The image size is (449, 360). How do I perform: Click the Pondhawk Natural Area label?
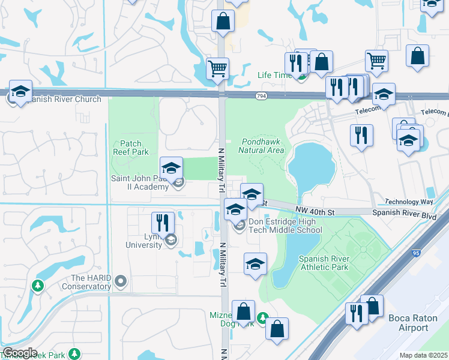click(x=261, y=146)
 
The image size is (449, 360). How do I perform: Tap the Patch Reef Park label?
click(x=130, y=148)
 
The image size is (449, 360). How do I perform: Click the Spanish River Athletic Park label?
click(x=324, y=263)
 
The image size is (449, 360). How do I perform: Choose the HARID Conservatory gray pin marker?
click(x=121, y=280)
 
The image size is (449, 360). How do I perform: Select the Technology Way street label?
click(x=408, y=202)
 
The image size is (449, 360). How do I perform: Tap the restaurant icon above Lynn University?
click(x=163, y=223)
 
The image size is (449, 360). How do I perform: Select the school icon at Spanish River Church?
click(x=20, y=92)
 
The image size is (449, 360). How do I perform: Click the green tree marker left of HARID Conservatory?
click(x=38, y=286)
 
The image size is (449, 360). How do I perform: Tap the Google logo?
click(x=20, y=353)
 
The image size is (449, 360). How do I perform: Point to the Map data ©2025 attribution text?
click(x=423, y=355)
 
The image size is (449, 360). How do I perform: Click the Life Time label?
click(x=273, y=75)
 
